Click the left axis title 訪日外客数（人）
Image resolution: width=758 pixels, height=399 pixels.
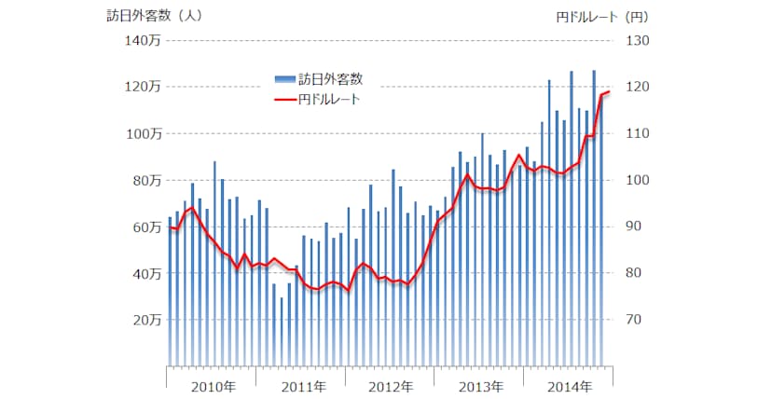tap(154, 16)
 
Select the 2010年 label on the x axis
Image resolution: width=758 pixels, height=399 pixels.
tap(213, 386)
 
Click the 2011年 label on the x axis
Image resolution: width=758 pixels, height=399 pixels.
tap(303, 386)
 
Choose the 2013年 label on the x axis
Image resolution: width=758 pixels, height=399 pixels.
tap(480, 386)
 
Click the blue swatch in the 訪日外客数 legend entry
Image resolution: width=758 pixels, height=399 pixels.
tap(284, 78)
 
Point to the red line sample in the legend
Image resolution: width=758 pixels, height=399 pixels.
tap(284, 98)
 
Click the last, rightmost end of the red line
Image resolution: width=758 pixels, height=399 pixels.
tap(608, 91)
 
